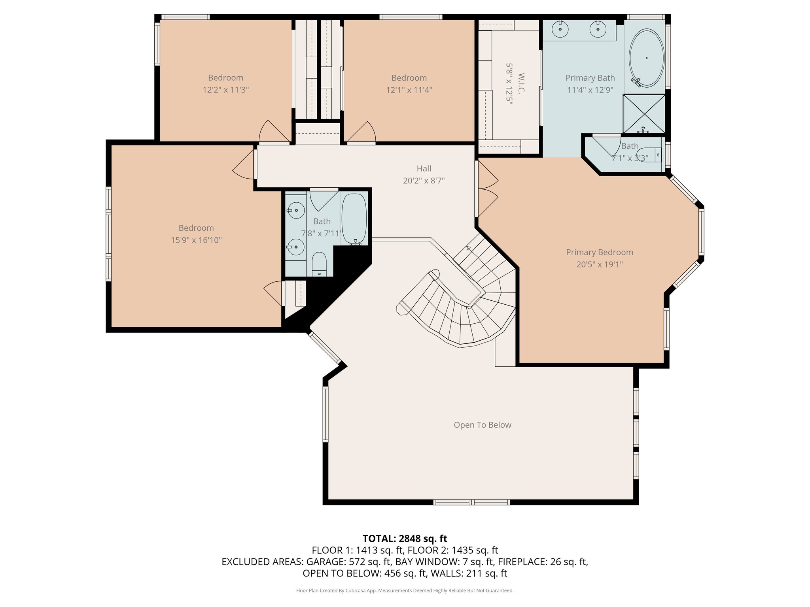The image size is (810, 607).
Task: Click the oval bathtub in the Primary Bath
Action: pyautogui.click(x=647, y=58)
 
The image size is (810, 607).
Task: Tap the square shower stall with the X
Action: pyautogui.click(x=644, y=114)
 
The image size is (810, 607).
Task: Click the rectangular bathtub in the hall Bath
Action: pyautogui.click(x=354, y=219)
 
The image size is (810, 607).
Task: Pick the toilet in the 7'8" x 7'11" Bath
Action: pyautogui.click(x=319, y=264)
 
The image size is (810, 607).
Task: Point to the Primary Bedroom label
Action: pyautogui.click(x=600, y=252)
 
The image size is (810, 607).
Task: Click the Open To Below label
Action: pyautogui.click(x=483, y=425)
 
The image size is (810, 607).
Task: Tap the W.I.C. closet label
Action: pyautogui.click(x=521, y=83)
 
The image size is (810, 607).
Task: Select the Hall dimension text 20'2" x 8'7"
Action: pyautogui.click(x=424, y=181)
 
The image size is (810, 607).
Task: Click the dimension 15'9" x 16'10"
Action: pyautogui.click(x=196, y=240)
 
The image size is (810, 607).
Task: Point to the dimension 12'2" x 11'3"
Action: pyautogui.click(x=226, y=90)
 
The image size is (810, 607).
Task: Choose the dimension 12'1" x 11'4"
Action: pyautogui.click(x=409, y=90)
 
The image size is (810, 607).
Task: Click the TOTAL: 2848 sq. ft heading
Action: pyautogui.click(x=405, y=538)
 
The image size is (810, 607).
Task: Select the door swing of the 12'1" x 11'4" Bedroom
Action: pyautogui.click(x=361, y=131)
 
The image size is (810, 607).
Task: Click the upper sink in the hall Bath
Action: pyautogui.click(x=295, y=210)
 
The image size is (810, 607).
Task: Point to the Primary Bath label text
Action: pyautogui.click(x=590, y=78)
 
